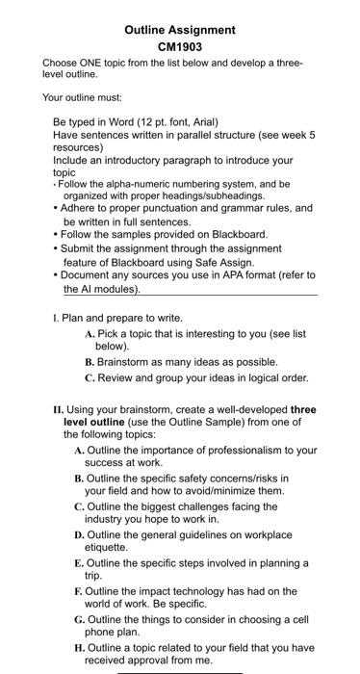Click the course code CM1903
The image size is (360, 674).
180,45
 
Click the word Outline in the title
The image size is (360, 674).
148,30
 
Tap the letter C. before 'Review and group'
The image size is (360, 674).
90,377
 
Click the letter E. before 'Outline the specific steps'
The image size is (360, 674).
79,562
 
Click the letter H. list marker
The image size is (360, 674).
79,647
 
